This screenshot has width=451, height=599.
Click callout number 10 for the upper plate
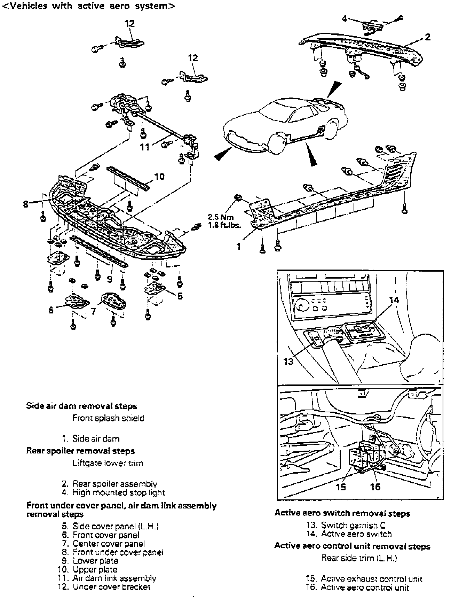159,177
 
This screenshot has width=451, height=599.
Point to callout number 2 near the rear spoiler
428,37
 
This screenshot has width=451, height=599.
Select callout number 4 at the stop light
344,18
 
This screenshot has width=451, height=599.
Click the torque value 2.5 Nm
221,218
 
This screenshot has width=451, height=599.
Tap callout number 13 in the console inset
288,361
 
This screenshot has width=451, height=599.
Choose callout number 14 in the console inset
394,300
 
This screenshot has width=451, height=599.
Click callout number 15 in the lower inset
341,487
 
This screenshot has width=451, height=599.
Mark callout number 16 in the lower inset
375,487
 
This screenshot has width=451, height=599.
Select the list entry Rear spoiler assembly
114,484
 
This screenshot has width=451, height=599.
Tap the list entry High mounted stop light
118,493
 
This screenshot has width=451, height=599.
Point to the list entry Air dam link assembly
114,578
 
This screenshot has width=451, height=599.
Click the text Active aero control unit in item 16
365,588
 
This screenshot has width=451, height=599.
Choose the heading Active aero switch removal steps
342,513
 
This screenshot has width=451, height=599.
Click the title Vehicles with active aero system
88,6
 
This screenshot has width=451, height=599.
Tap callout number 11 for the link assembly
145,148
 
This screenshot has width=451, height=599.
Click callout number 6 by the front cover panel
51,310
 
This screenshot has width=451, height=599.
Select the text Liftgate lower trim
108,463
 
